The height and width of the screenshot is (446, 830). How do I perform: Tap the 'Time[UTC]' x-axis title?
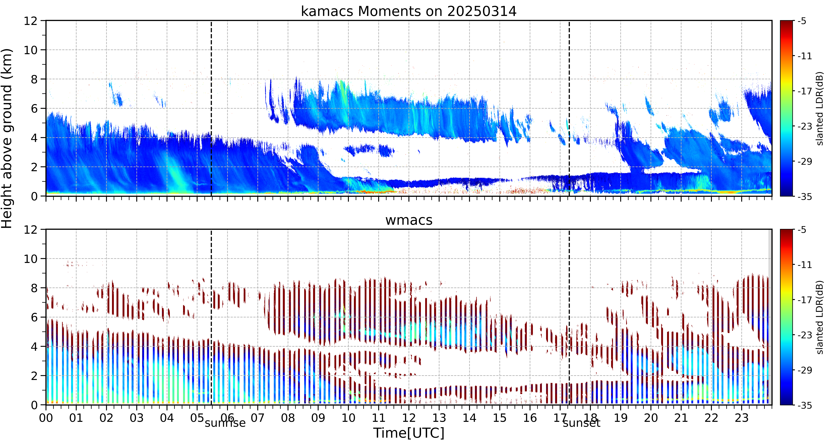[409, 433]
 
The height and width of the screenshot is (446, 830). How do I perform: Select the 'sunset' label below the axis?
[582, 423]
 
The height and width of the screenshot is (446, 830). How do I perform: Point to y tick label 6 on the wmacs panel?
[34, 317]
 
